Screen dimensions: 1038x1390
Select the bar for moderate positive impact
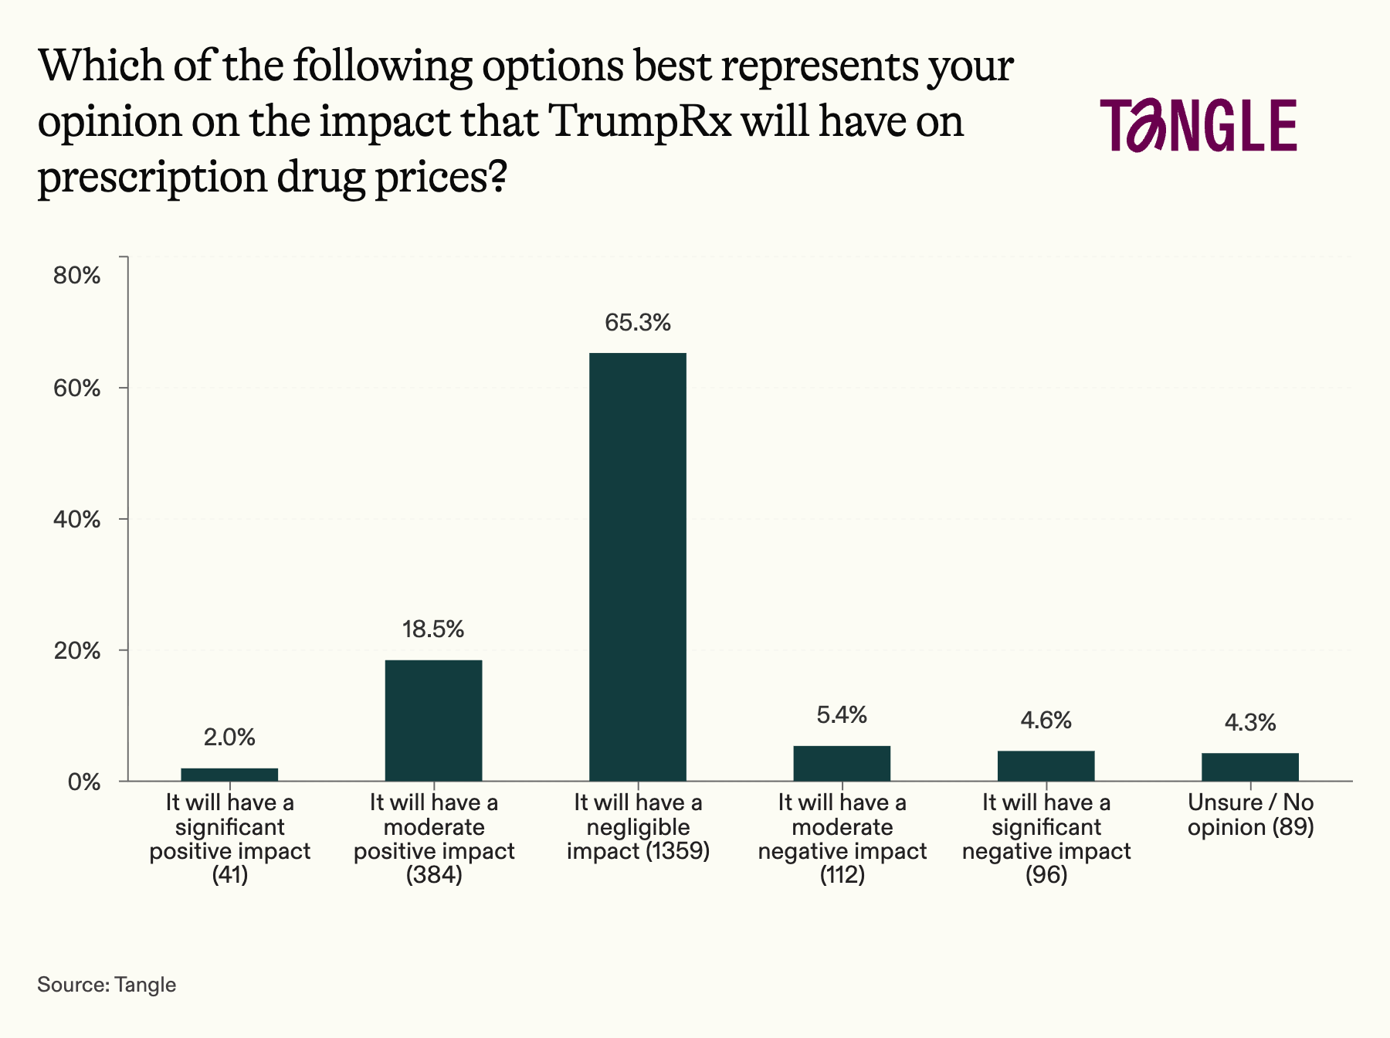tap(433, 720)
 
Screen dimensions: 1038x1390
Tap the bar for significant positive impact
tap(229, 774)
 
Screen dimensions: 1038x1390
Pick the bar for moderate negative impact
tap(842, 763)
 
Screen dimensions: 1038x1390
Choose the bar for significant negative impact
tap(1046, 765)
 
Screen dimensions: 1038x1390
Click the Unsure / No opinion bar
tap(1249, 766)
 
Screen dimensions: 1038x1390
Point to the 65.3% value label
tap(637, 323)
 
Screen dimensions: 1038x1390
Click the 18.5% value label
tap(433, 629)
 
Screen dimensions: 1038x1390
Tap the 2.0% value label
tap(229, 738)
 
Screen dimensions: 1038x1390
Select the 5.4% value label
tap(842, 715)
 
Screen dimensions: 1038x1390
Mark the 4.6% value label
tap(1046, 721)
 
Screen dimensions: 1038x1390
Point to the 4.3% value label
tap(1249, 723)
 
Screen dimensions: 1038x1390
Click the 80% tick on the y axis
tap(77, 276)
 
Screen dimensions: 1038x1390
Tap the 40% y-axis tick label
tap(77, 520)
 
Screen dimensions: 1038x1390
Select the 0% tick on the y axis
tap(84, 782)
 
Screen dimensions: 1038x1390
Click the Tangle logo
tap(1198, 125)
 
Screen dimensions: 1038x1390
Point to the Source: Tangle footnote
tap(107, 985)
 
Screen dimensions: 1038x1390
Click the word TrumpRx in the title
tap(643, 121)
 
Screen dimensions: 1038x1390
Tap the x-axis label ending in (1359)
tap(638, 827)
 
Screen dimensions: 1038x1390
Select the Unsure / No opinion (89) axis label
tap(1250, 815)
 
